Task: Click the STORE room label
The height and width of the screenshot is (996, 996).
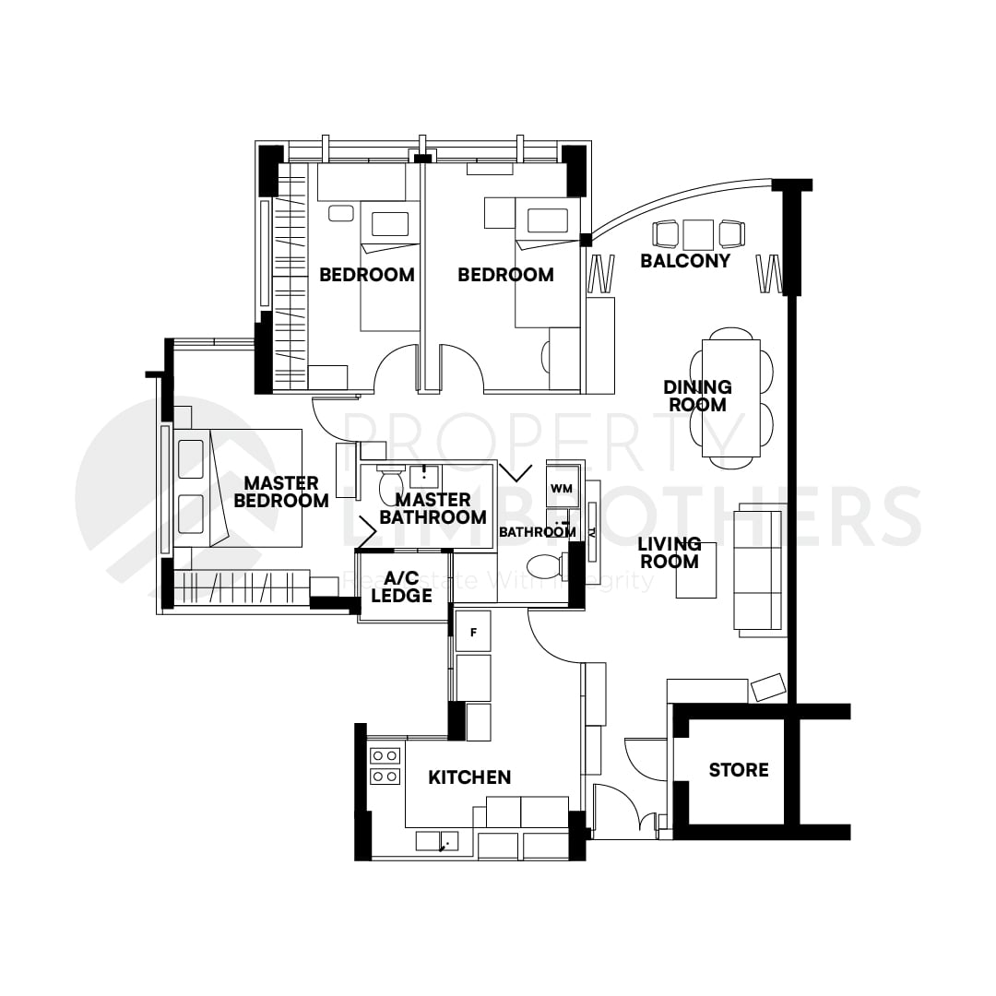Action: click(x=738, y=769)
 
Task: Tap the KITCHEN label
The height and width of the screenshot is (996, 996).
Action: click(x=469, y=777)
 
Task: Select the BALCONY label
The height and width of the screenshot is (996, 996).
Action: click(x=685, y=261)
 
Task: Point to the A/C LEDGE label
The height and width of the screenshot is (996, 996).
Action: click(x=401, y=587)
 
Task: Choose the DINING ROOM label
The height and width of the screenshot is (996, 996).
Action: click(x=697, y=396)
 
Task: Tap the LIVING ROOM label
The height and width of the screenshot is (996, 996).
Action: click(x=670, y=552)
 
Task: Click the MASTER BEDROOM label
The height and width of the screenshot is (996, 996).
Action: click(x=281, y=492)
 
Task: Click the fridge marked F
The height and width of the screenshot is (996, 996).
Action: click(x=473, y=632)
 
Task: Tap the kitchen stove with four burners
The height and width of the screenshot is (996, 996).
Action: click(x=385, y=766)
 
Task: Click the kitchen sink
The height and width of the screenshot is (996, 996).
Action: click(x=437, y=841)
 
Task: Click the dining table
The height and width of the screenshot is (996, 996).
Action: click(x=731, y=397)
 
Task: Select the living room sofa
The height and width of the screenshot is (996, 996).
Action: click(x=758, y=571)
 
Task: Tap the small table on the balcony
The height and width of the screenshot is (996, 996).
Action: click(x=698, y=232)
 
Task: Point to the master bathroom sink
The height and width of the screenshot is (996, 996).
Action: click(x=423, y=477)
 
